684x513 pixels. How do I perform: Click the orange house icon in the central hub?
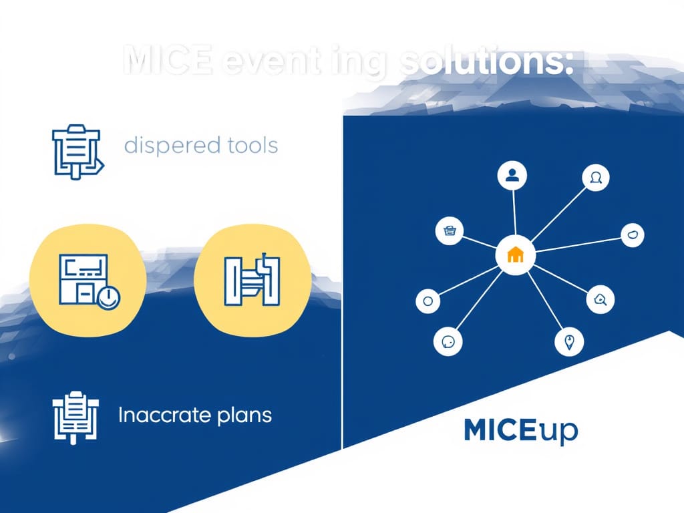point(514,254)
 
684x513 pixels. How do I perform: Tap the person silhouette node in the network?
point(512,176)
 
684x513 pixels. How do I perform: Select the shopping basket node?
point(450,231)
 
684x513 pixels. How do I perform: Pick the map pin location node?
point(569,343)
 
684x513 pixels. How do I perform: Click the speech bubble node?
point(448,341)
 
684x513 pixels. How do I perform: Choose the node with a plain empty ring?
point(428,301)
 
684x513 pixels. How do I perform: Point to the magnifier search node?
point(599,301)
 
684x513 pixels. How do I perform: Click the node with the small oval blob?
point(633,234)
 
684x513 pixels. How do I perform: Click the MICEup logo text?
point(520,432)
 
